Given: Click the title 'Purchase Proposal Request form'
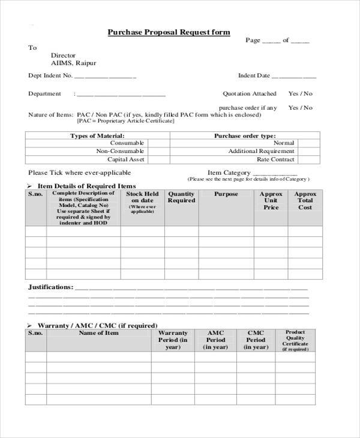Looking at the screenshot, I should tap(168, 32).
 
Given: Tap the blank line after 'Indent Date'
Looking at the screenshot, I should tap(294, 77).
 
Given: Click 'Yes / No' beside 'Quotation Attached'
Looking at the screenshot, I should tap(301, 94).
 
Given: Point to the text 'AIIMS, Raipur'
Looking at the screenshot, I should tap(73, 63).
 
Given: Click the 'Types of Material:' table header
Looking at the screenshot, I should tap(97, 136).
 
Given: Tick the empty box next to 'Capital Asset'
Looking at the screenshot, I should tap(157, 160).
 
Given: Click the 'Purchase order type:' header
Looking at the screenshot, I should tap(245, 136).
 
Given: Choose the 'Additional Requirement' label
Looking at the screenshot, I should tap(261, 151).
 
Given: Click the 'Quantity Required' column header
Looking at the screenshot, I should tap(181, 197).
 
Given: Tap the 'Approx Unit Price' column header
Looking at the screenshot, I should tap(271, 201).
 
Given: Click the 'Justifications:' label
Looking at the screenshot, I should tap(50, 287).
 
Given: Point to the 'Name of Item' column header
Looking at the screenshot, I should tap(99, 333).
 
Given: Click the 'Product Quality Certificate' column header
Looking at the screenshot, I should tap(295, 340).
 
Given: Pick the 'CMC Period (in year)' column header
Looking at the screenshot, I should tap(256, 340).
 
